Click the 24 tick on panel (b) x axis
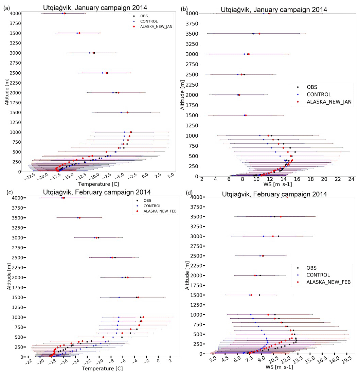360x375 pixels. [351, 179]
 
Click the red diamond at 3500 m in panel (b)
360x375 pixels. [259, 34]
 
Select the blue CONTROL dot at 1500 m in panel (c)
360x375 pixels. [119, 297]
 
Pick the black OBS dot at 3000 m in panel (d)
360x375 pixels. [278, 236]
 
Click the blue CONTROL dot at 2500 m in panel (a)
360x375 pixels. [103, 73]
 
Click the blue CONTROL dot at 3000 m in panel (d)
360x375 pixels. [264, 236]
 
